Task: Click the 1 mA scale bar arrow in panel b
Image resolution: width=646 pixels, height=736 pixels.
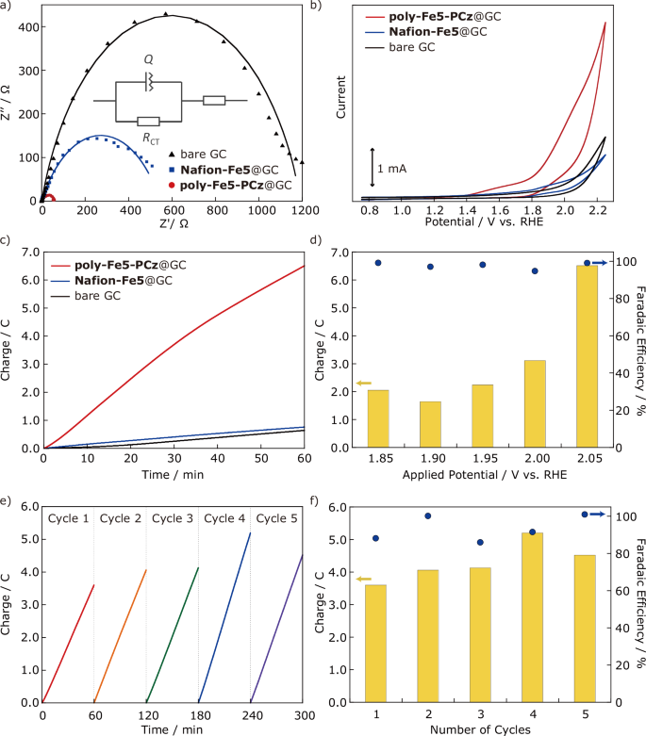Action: tap(373, 161)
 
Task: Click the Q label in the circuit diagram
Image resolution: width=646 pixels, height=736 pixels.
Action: tap(148, 58)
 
